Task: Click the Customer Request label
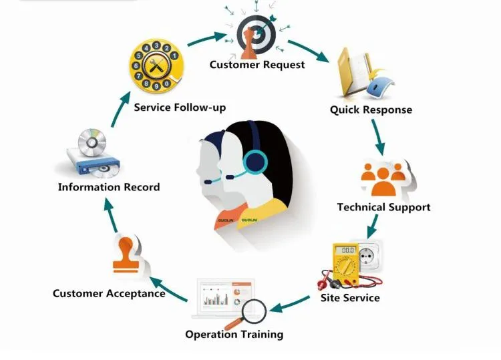coord(257,65)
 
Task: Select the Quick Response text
coord(371,110)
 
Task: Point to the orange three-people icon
coord(383,175)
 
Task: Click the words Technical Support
coord(383,207)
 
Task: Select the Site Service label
coord(350,297)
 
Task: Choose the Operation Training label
coord(234,334)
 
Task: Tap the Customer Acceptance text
coord(109,293)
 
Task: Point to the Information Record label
coord(109,187)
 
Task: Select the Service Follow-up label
coord(180,107)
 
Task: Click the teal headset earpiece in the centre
coord(255,162)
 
